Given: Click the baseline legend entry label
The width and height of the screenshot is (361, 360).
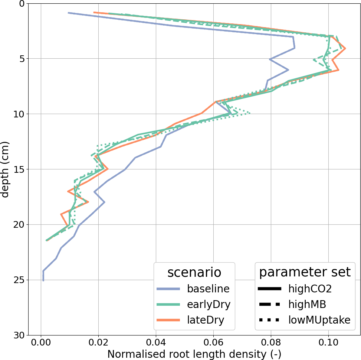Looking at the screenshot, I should pyautogui.click(x=208, y=289).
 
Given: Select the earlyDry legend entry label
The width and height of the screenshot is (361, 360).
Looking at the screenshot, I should pyautogui.click(x=209, y=304).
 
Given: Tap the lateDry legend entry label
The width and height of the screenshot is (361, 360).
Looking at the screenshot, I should pyautogui.click(x=206, y=320).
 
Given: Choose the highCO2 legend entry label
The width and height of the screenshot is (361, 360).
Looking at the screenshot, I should pyautogui.click(x=310, y=289).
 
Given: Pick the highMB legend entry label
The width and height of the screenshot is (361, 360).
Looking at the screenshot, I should pyautogui.click(x=307, y=304).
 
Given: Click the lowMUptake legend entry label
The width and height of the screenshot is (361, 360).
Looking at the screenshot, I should pyautogui.click(x=319, y=320).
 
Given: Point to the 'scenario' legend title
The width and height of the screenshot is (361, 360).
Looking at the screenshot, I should pyautogui.click(x=194, y=272).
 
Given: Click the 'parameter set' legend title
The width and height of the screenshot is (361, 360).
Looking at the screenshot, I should pyautogui.click(x=305, y=272).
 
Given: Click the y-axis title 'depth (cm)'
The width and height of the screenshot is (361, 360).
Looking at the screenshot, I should pyautogui.click(x=5, y=169).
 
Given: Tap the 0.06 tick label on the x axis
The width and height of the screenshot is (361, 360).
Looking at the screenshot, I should pyautogui.click(x=213, y=341).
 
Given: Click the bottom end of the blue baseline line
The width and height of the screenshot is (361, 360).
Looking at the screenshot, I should pyautogui.click(x=43, y=280).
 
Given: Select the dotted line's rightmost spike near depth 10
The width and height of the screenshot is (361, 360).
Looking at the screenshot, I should pyautogui.click(x=250, y=113).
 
